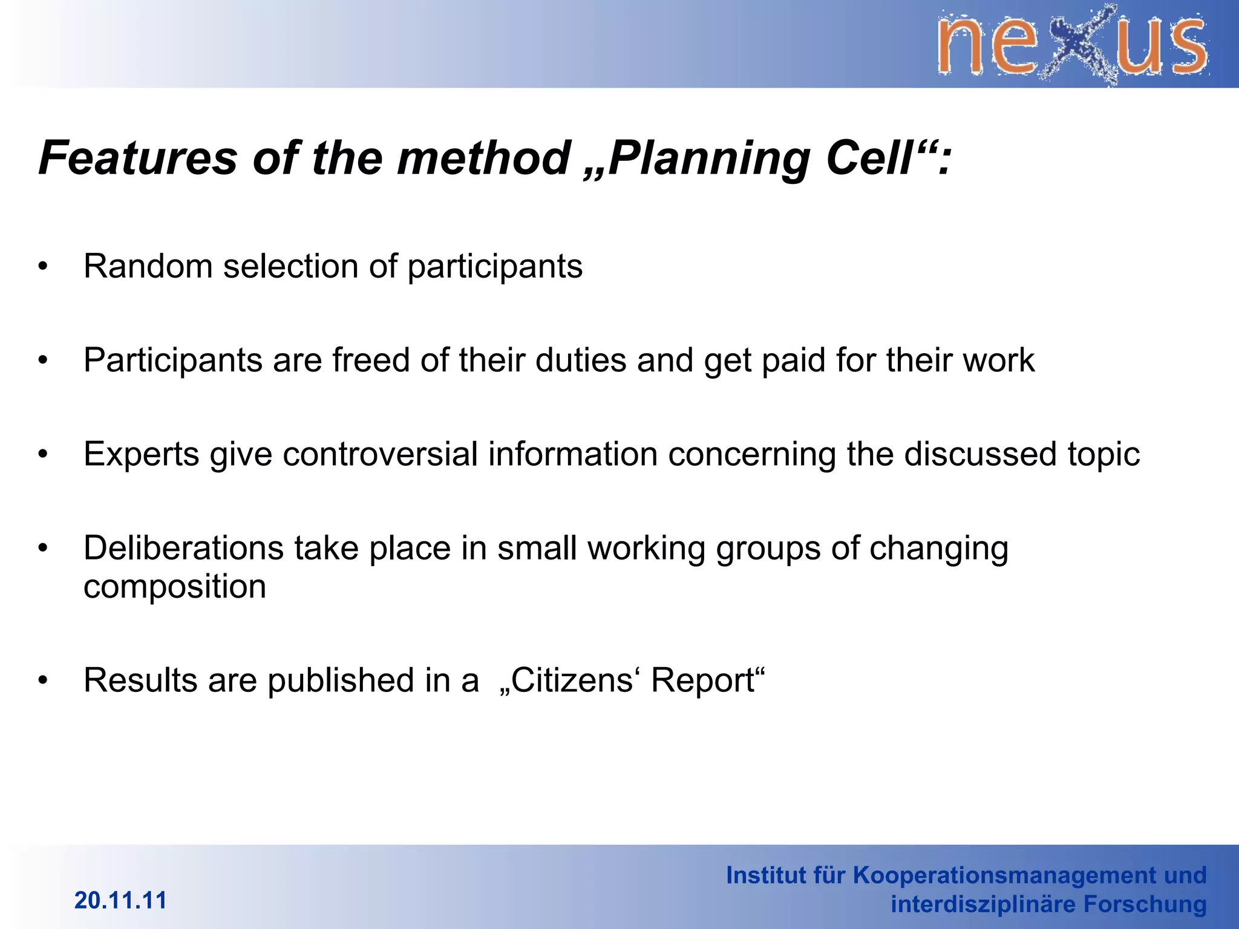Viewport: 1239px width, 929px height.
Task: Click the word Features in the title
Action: coord(138,158)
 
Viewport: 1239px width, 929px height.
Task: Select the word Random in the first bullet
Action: coord(148,266)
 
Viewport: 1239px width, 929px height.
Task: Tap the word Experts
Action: coord(141,455)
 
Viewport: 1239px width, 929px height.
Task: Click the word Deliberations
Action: coord(183,549)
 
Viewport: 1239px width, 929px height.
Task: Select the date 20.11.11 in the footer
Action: coord(120,901)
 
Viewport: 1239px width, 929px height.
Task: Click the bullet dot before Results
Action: coord(42,681)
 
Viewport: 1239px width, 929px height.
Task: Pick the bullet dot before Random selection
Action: coord(42,267)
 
